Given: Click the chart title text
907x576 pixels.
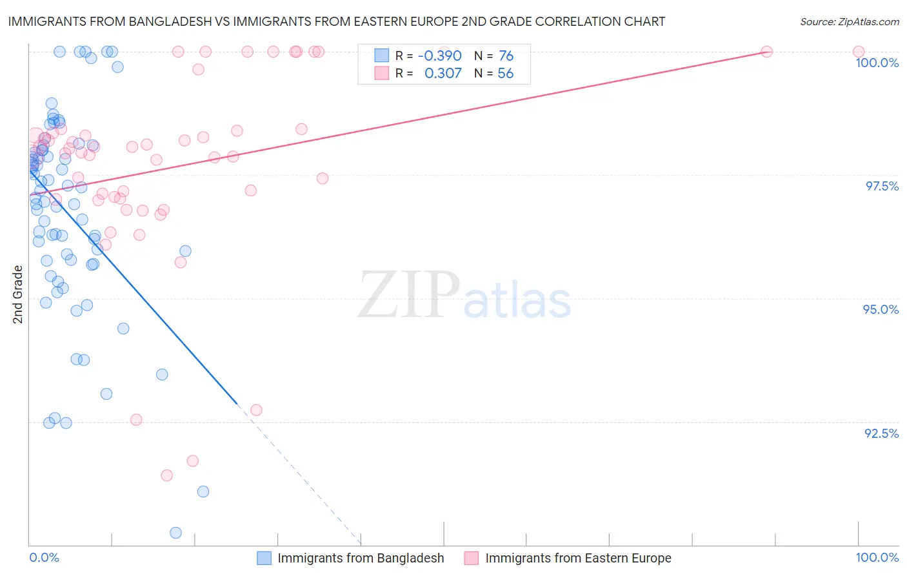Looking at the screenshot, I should click(336, 21).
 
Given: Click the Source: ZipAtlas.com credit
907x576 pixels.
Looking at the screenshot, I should click(849, 21).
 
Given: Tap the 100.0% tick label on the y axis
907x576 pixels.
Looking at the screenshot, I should click(877, 63).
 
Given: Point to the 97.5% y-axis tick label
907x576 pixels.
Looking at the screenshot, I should click(881, 186).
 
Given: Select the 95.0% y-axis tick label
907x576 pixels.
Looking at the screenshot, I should click(881, 309).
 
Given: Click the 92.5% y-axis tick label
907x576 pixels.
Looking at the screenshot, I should click(881, 433).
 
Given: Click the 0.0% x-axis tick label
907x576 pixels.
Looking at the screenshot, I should click(44, 557).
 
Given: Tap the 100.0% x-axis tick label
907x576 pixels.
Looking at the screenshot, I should click(877, 557).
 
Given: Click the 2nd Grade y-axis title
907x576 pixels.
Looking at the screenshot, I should click(18, 294).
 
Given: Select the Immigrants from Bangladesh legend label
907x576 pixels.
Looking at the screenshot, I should click(361, 558).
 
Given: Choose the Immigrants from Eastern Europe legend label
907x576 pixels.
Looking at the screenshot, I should click(578, 558).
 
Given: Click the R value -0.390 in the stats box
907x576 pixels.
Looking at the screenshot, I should click(439, 56).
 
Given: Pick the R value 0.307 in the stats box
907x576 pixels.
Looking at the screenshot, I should click(443, 73).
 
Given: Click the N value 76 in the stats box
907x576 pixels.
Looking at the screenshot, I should click(506, 56).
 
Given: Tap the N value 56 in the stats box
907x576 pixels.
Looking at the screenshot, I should click(505, 73).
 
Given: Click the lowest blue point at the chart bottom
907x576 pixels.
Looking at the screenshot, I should click(175, 533).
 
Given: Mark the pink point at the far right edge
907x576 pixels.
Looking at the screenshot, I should click(859, 52).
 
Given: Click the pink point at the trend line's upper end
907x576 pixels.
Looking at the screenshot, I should click(766, 52).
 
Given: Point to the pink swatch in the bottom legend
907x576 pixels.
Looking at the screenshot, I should click(472, 558).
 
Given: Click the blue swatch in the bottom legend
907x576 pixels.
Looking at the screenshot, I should click(264, 558).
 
